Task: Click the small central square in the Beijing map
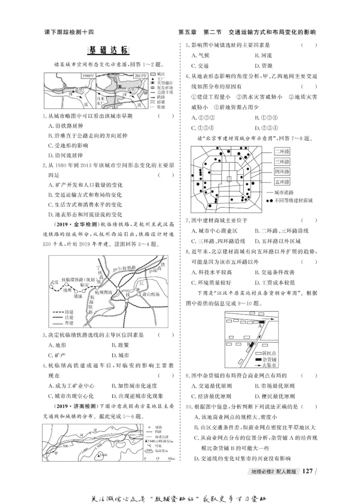tap(229, 178)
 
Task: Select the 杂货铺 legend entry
tap(270, 360)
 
